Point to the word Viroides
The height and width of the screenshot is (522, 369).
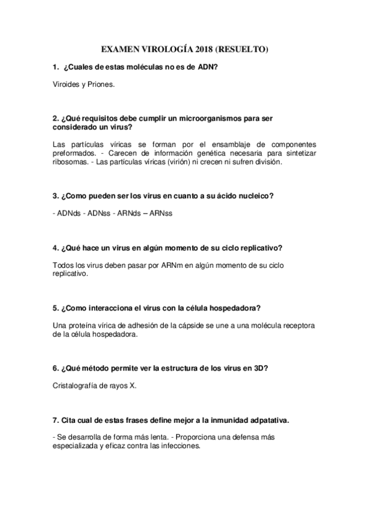pos(66,84)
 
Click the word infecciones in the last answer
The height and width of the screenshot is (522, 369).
pos(177,446)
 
